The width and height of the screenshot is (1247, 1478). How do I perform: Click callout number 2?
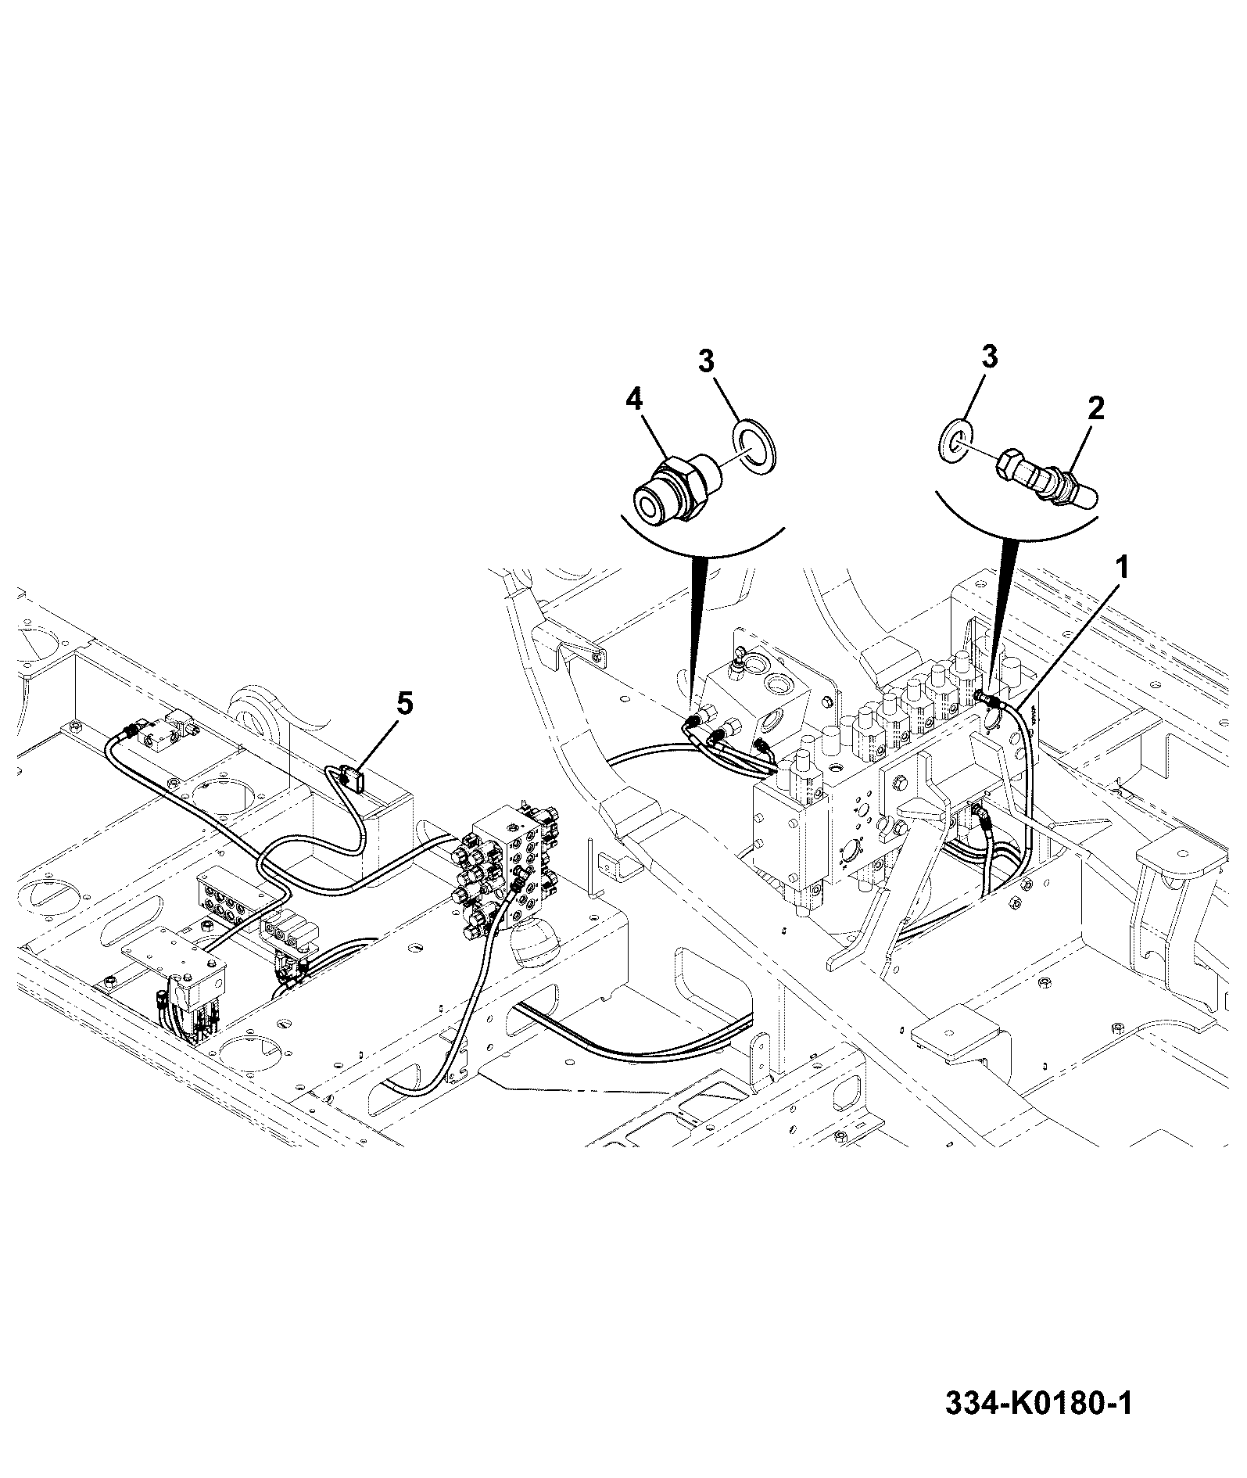[x=1096, y=408]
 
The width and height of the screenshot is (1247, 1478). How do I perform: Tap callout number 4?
[x=634, y=400]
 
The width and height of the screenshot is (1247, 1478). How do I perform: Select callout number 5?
[x=403, y=704]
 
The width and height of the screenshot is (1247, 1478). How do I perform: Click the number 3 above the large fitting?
[x=706, y=361]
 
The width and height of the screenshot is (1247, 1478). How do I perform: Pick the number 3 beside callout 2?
[x=989, y=358]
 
